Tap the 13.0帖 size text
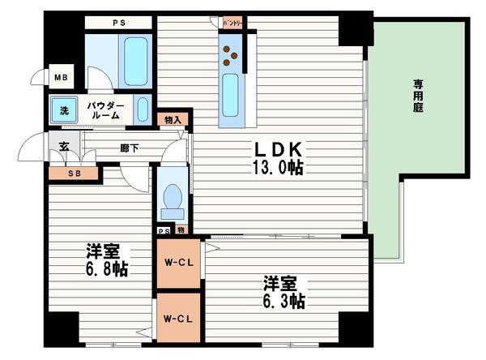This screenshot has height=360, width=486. (280, 169)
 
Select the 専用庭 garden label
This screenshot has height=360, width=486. (419, 94)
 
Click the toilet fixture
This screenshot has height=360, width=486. (172, 199)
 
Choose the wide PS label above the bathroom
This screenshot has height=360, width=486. (118, 23)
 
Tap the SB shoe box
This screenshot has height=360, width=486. (73, 172)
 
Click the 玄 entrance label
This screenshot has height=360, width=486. (64, 148)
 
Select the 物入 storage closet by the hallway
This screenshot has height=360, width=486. (173, 120)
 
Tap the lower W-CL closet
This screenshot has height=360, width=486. (178, 318)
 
